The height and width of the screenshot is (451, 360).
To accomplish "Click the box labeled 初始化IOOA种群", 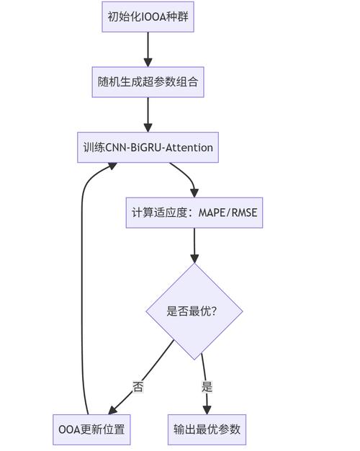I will click(x=148, y=17).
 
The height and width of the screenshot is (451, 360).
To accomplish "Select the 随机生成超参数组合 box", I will click(x=148, y=82).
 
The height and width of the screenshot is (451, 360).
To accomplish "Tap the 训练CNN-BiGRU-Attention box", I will click(x=148, y=148).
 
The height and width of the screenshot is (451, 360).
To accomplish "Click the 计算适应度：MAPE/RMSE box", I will click(x=194, y=213).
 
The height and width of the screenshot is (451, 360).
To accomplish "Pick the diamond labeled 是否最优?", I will click(x=194, y=311).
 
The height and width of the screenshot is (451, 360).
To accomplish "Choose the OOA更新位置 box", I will click(x=91, y=430).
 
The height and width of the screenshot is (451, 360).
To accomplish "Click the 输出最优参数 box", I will click(x=207, y=430).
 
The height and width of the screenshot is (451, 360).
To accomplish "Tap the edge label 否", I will click(x=138, y=387).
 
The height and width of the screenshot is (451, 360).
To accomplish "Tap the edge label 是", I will click(x=207, y=387).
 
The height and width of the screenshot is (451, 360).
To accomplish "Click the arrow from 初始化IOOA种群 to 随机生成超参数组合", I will click(x=148, y=49).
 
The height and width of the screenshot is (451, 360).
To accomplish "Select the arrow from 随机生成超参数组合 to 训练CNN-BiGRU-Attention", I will click(x=148, y=115).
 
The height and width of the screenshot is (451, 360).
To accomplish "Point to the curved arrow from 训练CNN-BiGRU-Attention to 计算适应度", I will click(x=186, y=175).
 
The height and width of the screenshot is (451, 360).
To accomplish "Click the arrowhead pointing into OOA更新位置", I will click(x=112, y=410).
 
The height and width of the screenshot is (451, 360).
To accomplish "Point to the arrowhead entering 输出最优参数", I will click(x=207, y=410).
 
